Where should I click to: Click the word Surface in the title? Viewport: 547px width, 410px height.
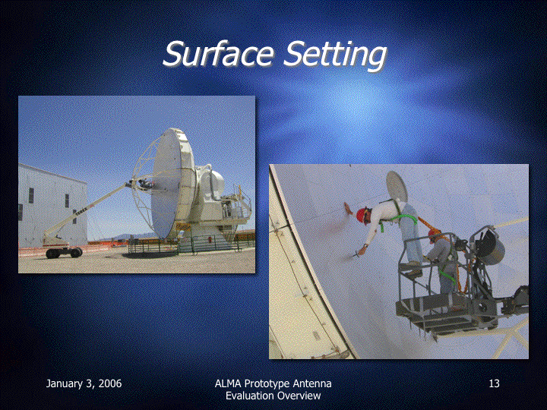tap(218, 53)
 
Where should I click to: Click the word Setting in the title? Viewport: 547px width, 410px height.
tap(336, 55)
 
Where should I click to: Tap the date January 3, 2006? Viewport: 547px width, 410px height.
tap(84, 384)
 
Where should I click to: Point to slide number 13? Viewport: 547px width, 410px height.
tap(494, 383)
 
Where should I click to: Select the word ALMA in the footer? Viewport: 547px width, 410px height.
tap(228, 383)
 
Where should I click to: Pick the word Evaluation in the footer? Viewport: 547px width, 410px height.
tap(249, 396)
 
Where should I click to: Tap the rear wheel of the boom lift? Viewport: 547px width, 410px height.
tap(52, 254)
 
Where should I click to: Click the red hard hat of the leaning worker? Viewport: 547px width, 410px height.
tap(361, 214)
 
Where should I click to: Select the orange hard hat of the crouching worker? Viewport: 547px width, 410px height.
tap(434, 232)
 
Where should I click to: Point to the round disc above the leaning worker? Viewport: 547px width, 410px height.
tap(397, 185)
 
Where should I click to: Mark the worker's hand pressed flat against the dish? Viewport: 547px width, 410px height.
tap(348, 209)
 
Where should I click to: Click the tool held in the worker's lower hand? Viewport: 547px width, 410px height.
tap(356, 255)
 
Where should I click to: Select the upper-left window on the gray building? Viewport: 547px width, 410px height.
tap(31, 195)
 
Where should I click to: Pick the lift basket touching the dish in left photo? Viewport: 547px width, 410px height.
tap(142, 184)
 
